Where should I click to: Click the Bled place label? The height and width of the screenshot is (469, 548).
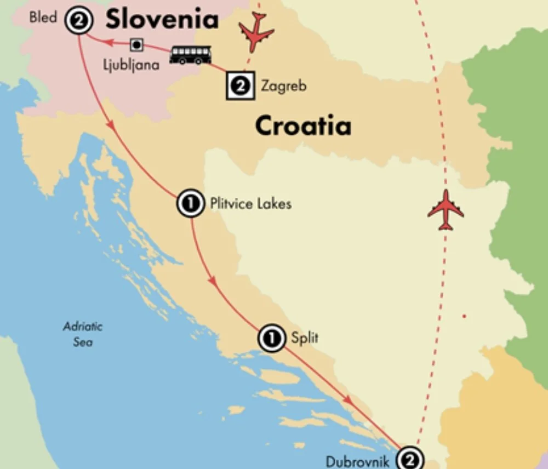click(43, 18)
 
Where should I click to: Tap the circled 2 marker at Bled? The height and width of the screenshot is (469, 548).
click(78, 22)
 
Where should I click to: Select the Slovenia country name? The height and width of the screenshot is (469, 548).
click(162, 19)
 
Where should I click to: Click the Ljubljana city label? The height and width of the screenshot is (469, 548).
click(132, 64)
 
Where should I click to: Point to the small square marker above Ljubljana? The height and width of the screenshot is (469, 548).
click(136, 44)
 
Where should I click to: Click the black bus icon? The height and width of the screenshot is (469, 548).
click(190, 54)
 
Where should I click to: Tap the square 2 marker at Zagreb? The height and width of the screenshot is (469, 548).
click(240, 85)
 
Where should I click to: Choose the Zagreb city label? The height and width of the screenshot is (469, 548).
click(283, 86)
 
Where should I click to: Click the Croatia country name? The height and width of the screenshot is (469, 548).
click(303, 126)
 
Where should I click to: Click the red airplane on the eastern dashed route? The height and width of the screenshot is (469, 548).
click(446, 210)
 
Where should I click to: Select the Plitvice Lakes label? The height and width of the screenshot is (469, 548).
click(250, 204)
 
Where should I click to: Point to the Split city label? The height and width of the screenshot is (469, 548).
click(305, 338)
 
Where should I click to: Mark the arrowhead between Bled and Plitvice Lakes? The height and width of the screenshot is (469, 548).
click(113, 124)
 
